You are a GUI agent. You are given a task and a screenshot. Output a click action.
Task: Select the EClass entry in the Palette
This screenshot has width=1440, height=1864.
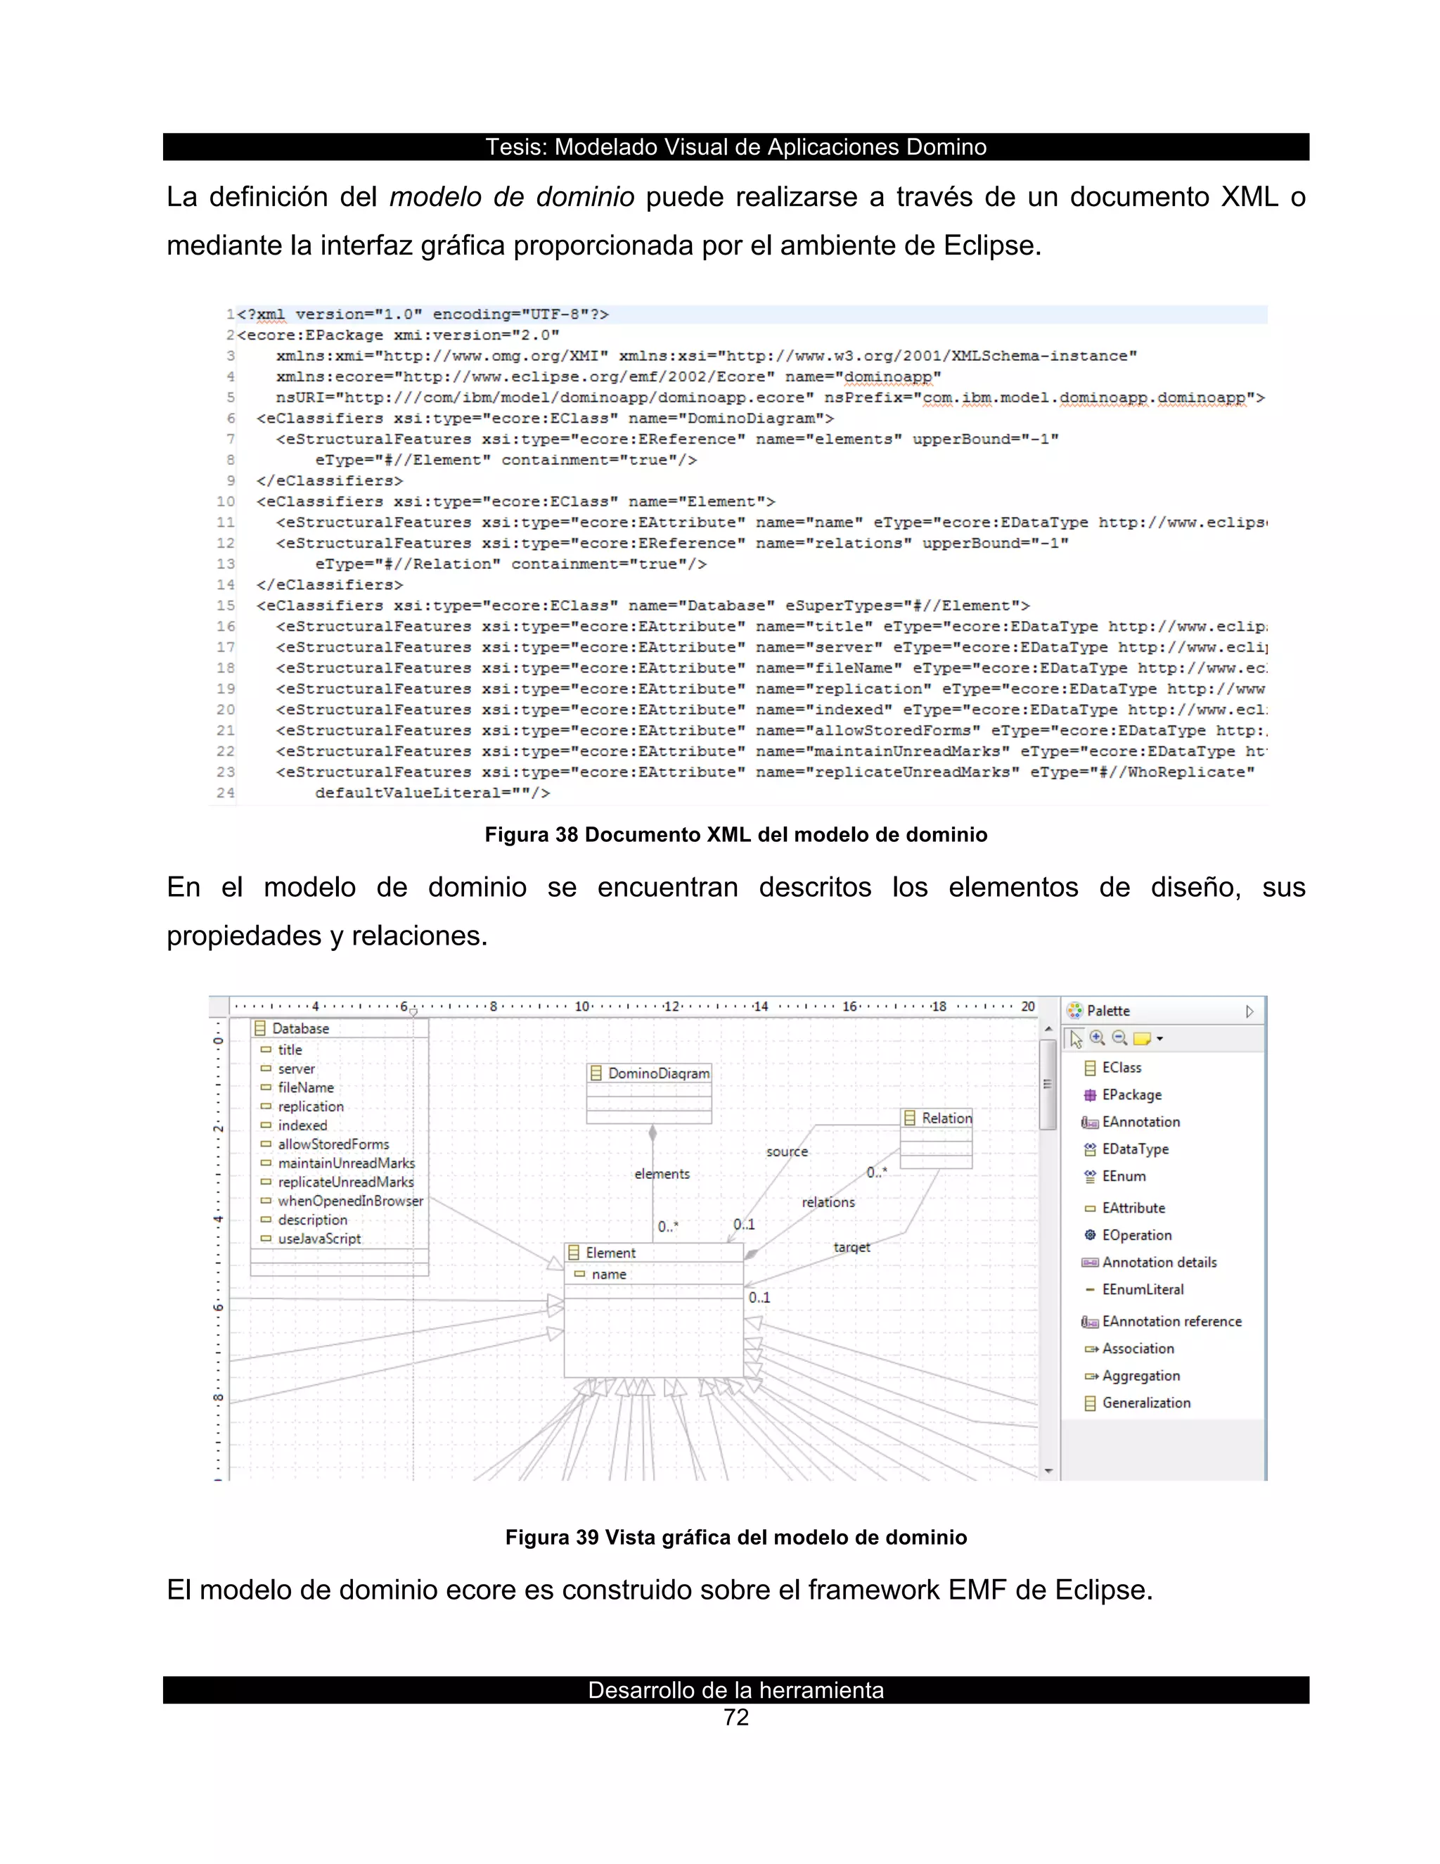point(1120,1068)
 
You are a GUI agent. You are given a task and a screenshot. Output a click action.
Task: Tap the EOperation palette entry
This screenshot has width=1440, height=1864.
point(1136,1235)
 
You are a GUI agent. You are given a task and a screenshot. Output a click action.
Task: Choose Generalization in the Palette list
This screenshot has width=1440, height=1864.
point(1145,1403)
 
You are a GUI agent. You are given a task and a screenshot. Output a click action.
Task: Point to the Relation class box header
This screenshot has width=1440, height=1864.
point(945,1118)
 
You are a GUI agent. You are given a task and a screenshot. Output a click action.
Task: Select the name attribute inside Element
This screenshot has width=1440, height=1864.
point(608,1275)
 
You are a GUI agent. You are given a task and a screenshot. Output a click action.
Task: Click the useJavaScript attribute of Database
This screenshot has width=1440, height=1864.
point(319,1239)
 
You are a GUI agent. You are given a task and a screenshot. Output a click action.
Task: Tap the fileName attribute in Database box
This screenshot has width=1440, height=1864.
point(305,1087)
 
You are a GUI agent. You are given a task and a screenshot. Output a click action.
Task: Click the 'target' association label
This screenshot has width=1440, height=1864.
point(851,1247)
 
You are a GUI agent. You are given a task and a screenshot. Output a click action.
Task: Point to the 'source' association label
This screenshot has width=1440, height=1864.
point(787,1151)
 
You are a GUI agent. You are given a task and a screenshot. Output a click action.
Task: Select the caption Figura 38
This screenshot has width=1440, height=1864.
point(735,835)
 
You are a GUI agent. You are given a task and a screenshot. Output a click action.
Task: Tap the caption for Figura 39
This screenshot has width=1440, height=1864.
point(735,1537)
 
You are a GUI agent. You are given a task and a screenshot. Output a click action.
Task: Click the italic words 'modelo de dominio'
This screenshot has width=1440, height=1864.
point(511,197)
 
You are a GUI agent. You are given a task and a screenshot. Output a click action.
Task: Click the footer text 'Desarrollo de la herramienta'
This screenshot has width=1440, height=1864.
point(735,1690)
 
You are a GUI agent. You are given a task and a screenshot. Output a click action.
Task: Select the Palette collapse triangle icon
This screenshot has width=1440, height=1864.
point(1249,1011)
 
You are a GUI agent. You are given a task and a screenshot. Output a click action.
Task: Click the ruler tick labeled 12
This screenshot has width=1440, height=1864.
point(671,1007)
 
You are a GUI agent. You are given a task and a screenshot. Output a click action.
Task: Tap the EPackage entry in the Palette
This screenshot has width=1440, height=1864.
point(1131,1095)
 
